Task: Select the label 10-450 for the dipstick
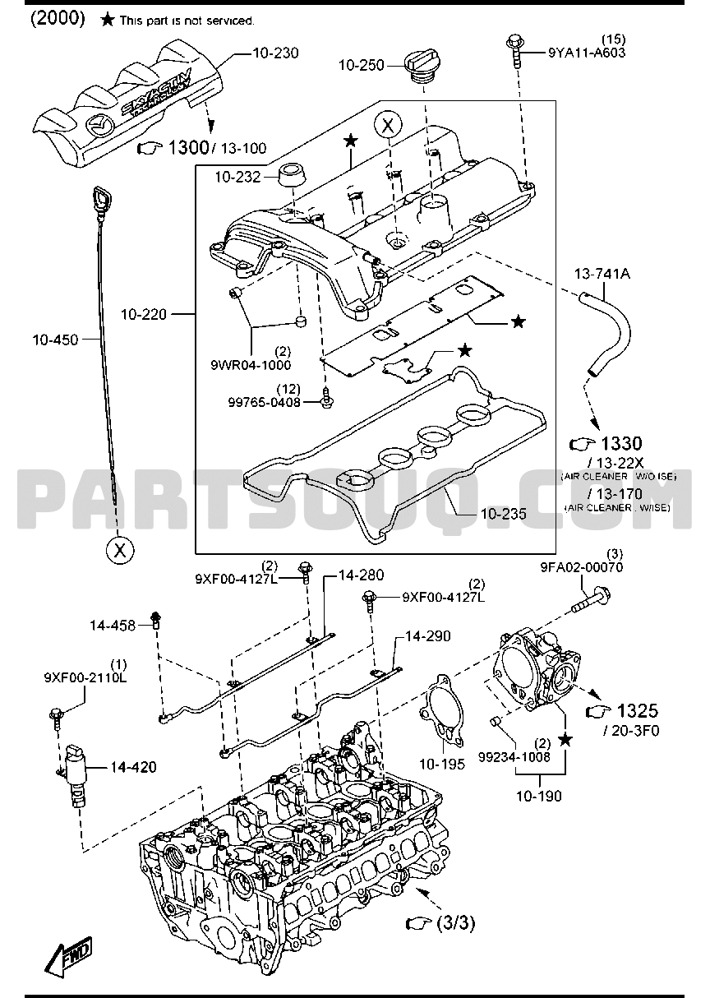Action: pos(55,339)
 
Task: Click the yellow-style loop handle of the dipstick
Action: pos(103,200)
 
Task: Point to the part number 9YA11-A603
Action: pos(587,53)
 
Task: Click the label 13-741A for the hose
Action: pos(602,274)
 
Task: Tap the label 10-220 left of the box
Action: pos(144,314)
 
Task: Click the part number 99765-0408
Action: pos(264,402)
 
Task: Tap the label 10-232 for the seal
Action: pos(237,176)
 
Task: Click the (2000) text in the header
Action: pos(58,19)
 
